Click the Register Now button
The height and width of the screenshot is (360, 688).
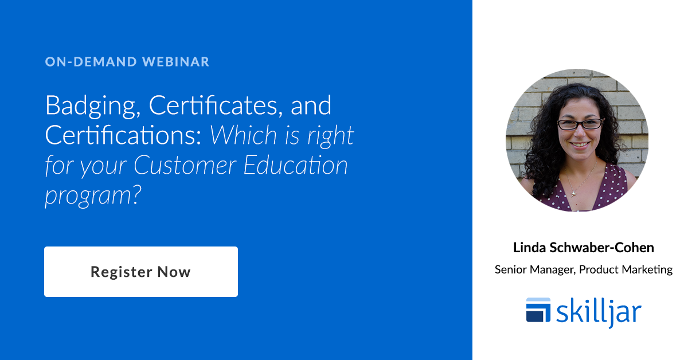point(140,272)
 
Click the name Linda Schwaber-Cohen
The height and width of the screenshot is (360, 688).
point(584,248)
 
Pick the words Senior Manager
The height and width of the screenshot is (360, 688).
point(533,269)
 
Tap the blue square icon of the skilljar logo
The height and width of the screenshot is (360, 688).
point(538,310)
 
